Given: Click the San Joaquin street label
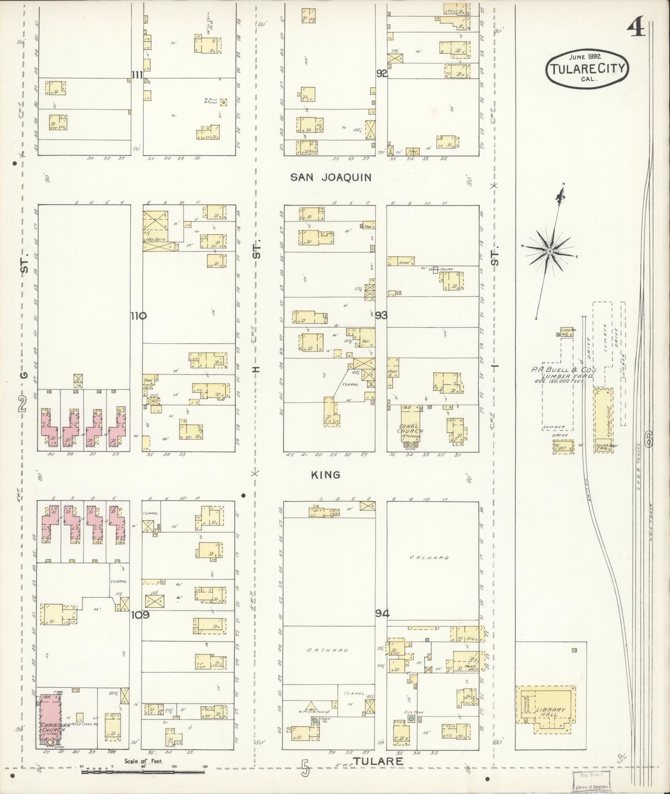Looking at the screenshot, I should point(331,177).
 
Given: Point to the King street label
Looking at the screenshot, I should point(325,475).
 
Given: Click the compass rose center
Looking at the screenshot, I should point(549,251).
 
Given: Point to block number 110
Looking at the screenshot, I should point(138,316).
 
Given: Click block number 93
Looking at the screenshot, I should point(381,315).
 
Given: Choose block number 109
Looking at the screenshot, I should point(140,615).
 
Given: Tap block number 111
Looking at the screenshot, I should point(137,75).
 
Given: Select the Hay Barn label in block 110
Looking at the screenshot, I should point(156,240).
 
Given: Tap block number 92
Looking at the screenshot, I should point(382,73).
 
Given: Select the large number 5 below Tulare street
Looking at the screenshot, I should point(305,770).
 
